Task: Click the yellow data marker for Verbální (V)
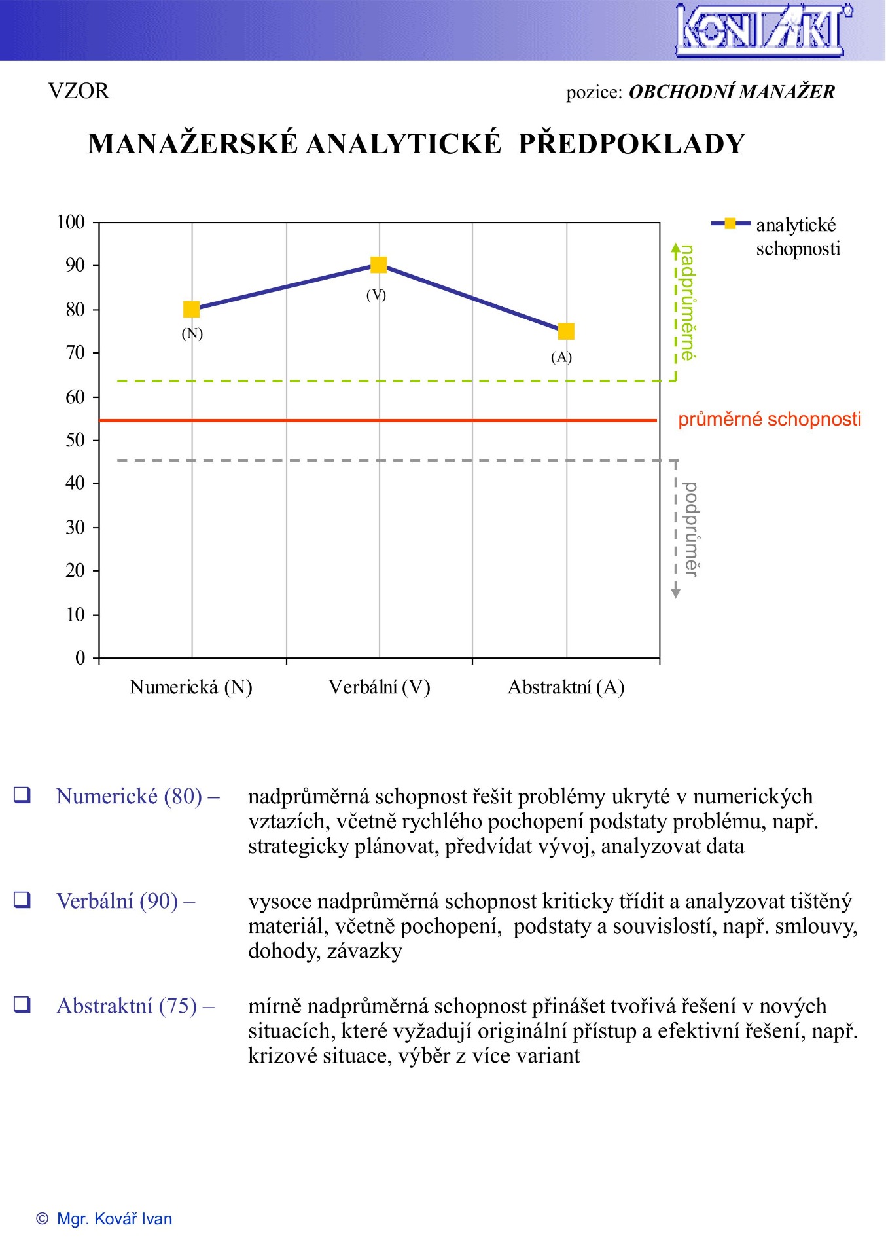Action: pyautogui.click(x=378, y=264)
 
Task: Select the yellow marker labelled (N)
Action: pyautogui.click(x=191, y=309)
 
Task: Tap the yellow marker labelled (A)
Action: pyautogui.click(x=566, y=331)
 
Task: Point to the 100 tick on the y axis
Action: pyautogui.click(x=71, y=223)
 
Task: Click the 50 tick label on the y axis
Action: pyautogui.click(x=75, y=440)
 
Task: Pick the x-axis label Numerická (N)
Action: pyautogui.click(x=191, y=687)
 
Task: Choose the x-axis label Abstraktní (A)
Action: pyautogui.click(x=566, y=687)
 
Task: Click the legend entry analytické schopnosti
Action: pyautogui.click(x=797, y=236)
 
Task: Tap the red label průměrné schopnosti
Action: pyautogui.click(x=770, y=419)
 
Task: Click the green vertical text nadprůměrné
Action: pyautogui.click(x=688, y=302)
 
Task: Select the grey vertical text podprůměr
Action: pyautogui.click(x=690, y=529)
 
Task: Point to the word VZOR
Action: pyautogui.click(x=79, y=90)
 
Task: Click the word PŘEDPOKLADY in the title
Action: pyautogui.click(x=631, y=144)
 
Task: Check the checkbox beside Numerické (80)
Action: pyautogui.click(x=22, y=795)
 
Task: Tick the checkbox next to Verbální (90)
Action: pyautogui.click(x=22, y=900)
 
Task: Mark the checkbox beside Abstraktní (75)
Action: pyautogui.click(x=22, y=1004)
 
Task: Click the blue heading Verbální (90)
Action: pyautogui.click(x=126, y=902)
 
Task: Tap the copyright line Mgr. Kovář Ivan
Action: pyautogui.click(x=105, y=1218)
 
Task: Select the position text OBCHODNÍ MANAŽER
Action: pyautogui.click(x=732, y=92)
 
